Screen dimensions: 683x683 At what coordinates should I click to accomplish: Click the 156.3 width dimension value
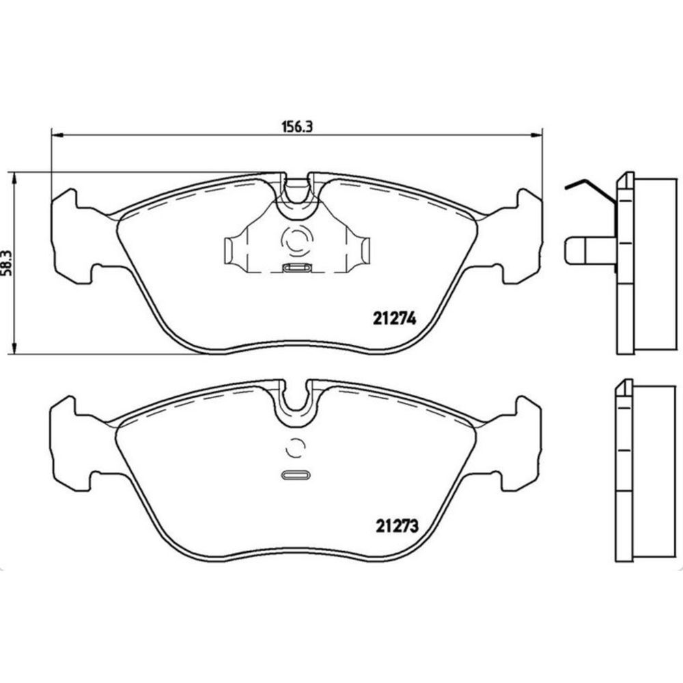(x=298, y=126)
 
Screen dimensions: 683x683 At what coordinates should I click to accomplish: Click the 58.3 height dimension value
(x=7, y=263)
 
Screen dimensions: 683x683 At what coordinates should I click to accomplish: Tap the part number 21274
(x=395, y=319)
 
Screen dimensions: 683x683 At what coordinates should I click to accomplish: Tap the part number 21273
(x=398, y=526)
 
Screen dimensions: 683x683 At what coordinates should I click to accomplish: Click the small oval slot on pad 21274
(x=296, y=268)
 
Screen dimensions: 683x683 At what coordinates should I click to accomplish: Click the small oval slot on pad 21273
(x=296, y=475)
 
